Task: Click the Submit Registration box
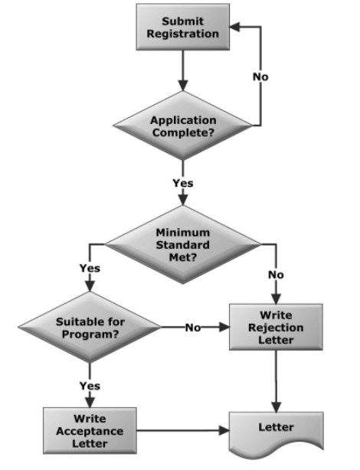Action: point(183,27)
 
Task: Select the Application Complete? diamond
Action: point(183,126)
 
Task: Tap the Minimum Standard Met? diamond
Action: point(183,245)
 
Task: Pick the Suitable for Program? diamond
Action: point(90,327)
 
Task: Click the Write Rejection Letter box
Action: point(276,327)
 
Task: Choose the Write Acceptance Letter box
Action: point(90,431)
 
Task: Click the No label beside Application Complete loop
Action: point(260,77)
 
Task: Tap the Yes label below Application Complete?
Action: point(183,183)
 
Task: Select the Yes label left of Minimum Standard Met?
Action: point(90,268)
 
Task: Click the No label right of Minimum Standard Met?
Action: point(276,275)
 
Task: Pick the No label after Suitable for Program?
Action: point(193,328)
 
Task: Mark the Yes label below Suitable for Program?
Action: point(90,386)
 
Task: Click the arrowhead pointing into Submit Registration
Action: point(235,27)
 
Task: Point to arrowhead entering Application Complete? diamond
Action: point(183,86)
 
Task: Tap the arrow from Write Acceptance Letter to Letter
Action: point(183,431)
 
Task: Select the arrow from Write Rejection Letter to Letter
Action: point(276,381)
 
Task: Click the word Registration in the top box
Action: point(183,34)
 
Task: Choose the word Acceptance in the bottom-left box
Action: point(90,431)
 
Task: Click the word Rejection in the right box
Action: point(276,328)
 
